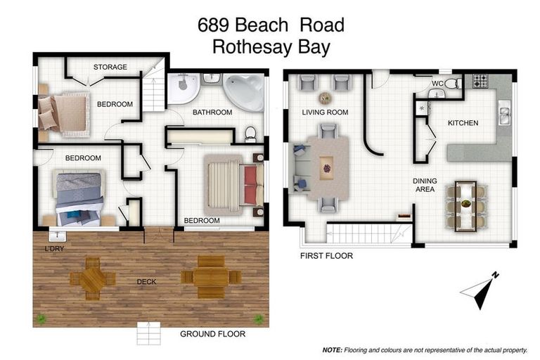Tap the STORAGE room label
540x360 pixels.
pyautogui.click(x=110, y=67)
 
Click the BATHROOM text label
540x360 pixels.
pyautogui.click(x=212, y=112)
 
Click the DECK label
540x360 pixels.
pyautogui.click(x=146, y=282)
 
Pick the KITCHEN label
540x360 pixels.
pyautogui.click(x=463, y=123)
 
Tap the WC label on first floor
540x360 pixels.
pyautogui.click(x=437, y=84)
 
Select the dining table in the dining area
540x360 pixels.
pyautogui.click(x=465, y=205)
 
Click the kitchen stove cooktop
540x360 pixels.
pyautogui.click(x=480, y=81)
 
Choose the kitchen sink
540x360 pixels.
pyautogui.click(x=503, y=111)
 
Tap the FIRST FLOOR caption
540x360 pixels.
pyautogui.click(x=326, y=256)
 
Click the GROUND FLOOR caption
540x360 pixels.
pyautogui.click(x=212, y=334)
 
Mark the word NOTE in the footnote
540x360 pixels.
pyautogui.click(x=332, y=349)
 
